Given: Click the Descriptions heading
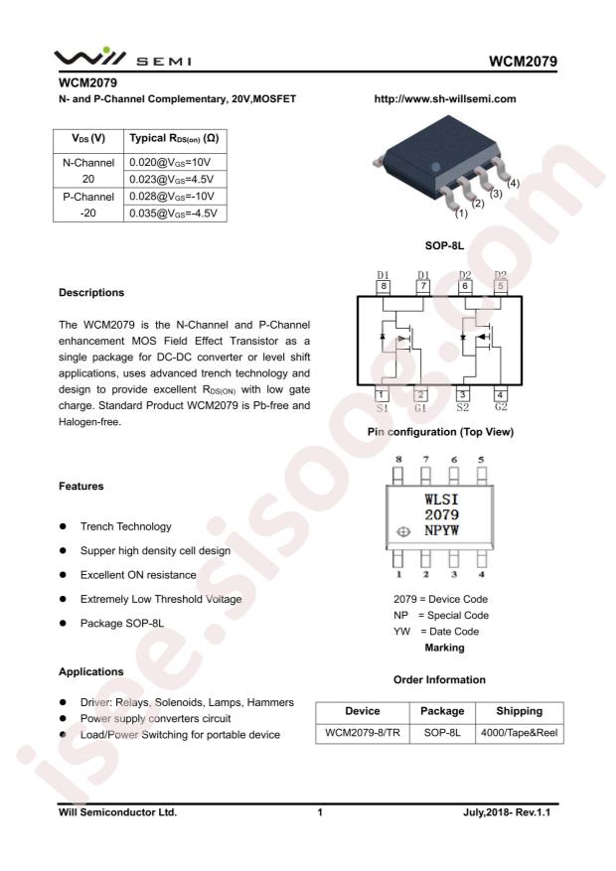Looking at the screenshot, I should [x=91, y=293].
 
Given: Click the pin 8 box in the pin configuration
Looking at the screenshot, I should [x=383, y=287].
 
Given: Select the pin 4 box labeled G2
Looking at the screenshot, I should [x=500, y=394].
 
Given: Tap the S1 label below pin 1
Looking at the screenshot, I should [x=383, y=408].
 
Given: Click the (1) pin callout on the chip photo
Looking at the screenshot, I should [x=461, y=213].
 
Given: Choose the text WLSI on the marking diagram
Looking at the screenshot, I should [x=441, y=500].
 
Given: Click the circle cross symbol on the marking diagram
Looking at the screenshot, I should [x=403, y=532].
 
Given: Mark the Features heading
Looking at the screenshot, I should [x=80, y=487].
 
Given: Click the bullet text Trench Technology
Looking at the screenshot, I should [x=125, y=526].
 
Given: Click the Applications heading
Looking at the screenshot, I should [x=90, y=671].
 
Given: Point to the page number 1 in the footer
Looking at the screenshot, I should [x=320, y=812].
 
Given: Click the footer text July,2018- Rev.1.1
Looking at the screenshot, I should [x=506, y=812].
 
